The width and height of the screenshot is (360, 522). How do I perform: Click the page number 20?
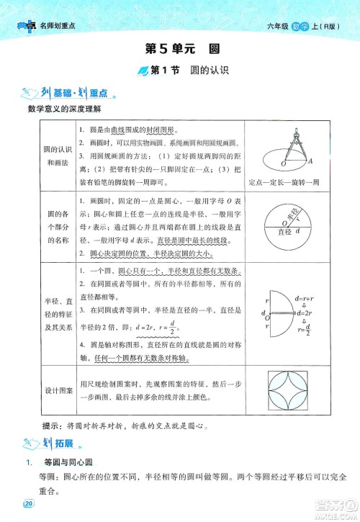[x=29, y=503]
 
